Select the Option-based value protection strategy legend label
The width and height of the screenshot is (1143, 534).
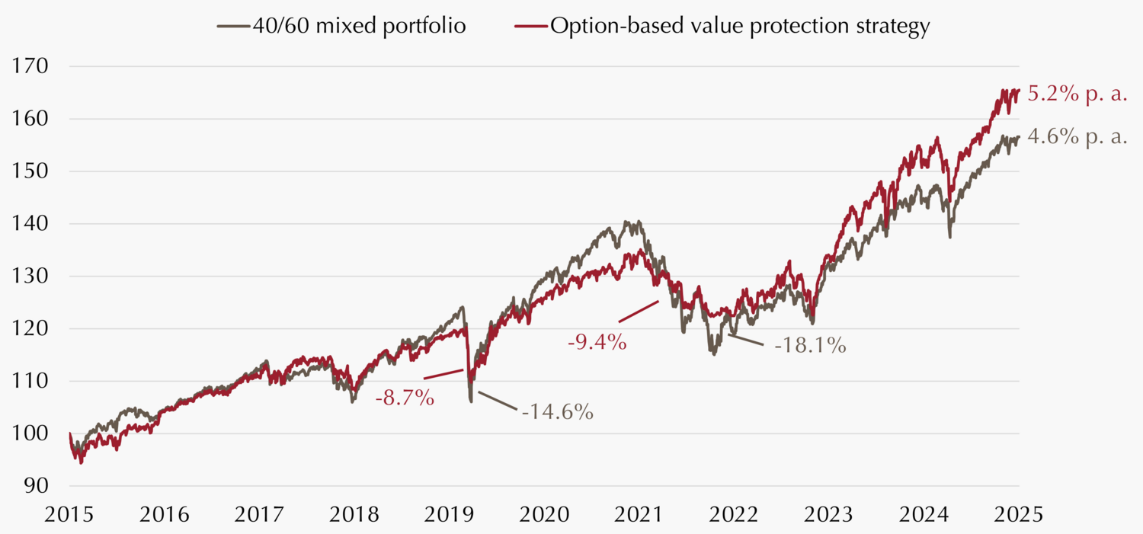[739, 26]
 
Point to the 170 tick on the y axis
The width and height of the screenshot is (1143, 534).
[31, 66]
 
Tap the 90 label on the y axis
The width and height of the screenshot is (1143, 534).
[37, 486]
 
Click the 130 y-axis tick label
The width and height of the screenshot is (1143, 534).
[31, 277]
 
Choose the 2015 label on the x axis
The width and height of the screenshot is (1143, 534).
[69, 514]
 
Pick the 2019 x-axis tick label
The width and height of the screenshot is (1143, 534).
[448, 514]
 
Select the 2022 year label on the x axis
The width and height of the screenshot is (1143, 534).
[732, 514]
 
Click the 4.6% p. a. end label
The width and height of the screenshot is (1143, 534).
[1077, 139]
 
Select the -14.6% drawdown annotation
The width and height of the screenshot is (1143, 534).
[557, 412]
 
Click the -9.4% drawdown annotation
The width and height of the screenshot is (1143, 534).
[597, 342]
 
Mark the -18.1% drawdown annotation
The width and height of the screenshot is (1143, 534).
[810, 345]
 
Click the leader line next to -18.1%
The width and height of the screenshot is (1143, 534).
[745, 339]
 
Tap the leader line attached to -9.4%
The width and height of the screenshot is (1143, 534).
[639, 312]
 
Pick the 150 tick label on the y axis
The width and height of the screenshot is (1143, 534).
[31, 171]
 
